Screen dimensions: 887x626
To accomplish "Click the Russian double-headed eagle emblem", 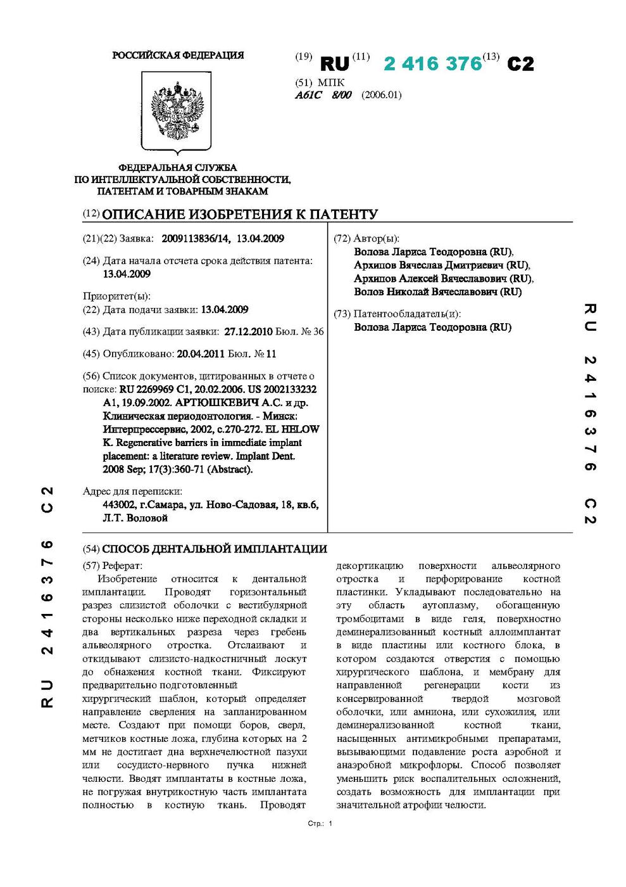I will tap(177, 111).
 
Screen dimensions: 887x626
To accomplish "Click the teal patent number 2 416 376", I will tap(433, 63).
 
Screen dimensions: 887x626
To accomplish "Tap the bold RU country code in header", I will tap(335, 64).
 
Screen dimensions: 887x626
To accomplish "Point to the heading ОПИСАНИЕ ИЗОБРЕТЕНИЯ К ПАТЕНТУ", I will tap(240, 214).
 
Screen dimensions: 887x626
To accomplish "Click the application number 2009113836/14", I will tap(196, 239).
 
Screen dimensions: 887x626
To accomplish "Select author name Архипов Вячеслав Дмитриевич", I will tap(441, 265).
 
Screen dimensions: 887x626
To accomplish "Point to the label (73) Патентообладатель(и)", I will tap(398, 314).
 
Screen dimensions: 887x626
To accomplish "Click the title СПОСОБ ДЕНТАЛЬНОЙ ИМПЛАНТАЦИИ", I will tap(215, 549).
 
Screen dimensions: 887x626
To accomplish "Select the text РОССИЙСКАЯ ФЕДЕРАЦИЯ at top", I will tap(178, 56).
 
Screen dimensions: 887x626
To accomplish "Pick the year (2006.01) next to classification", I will tap(382, 95).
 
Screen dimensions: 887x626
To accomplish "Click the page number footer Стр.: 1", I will tap(320, 824).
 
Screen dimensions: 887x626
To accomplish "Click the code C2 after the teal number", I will tap(520, 64).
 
